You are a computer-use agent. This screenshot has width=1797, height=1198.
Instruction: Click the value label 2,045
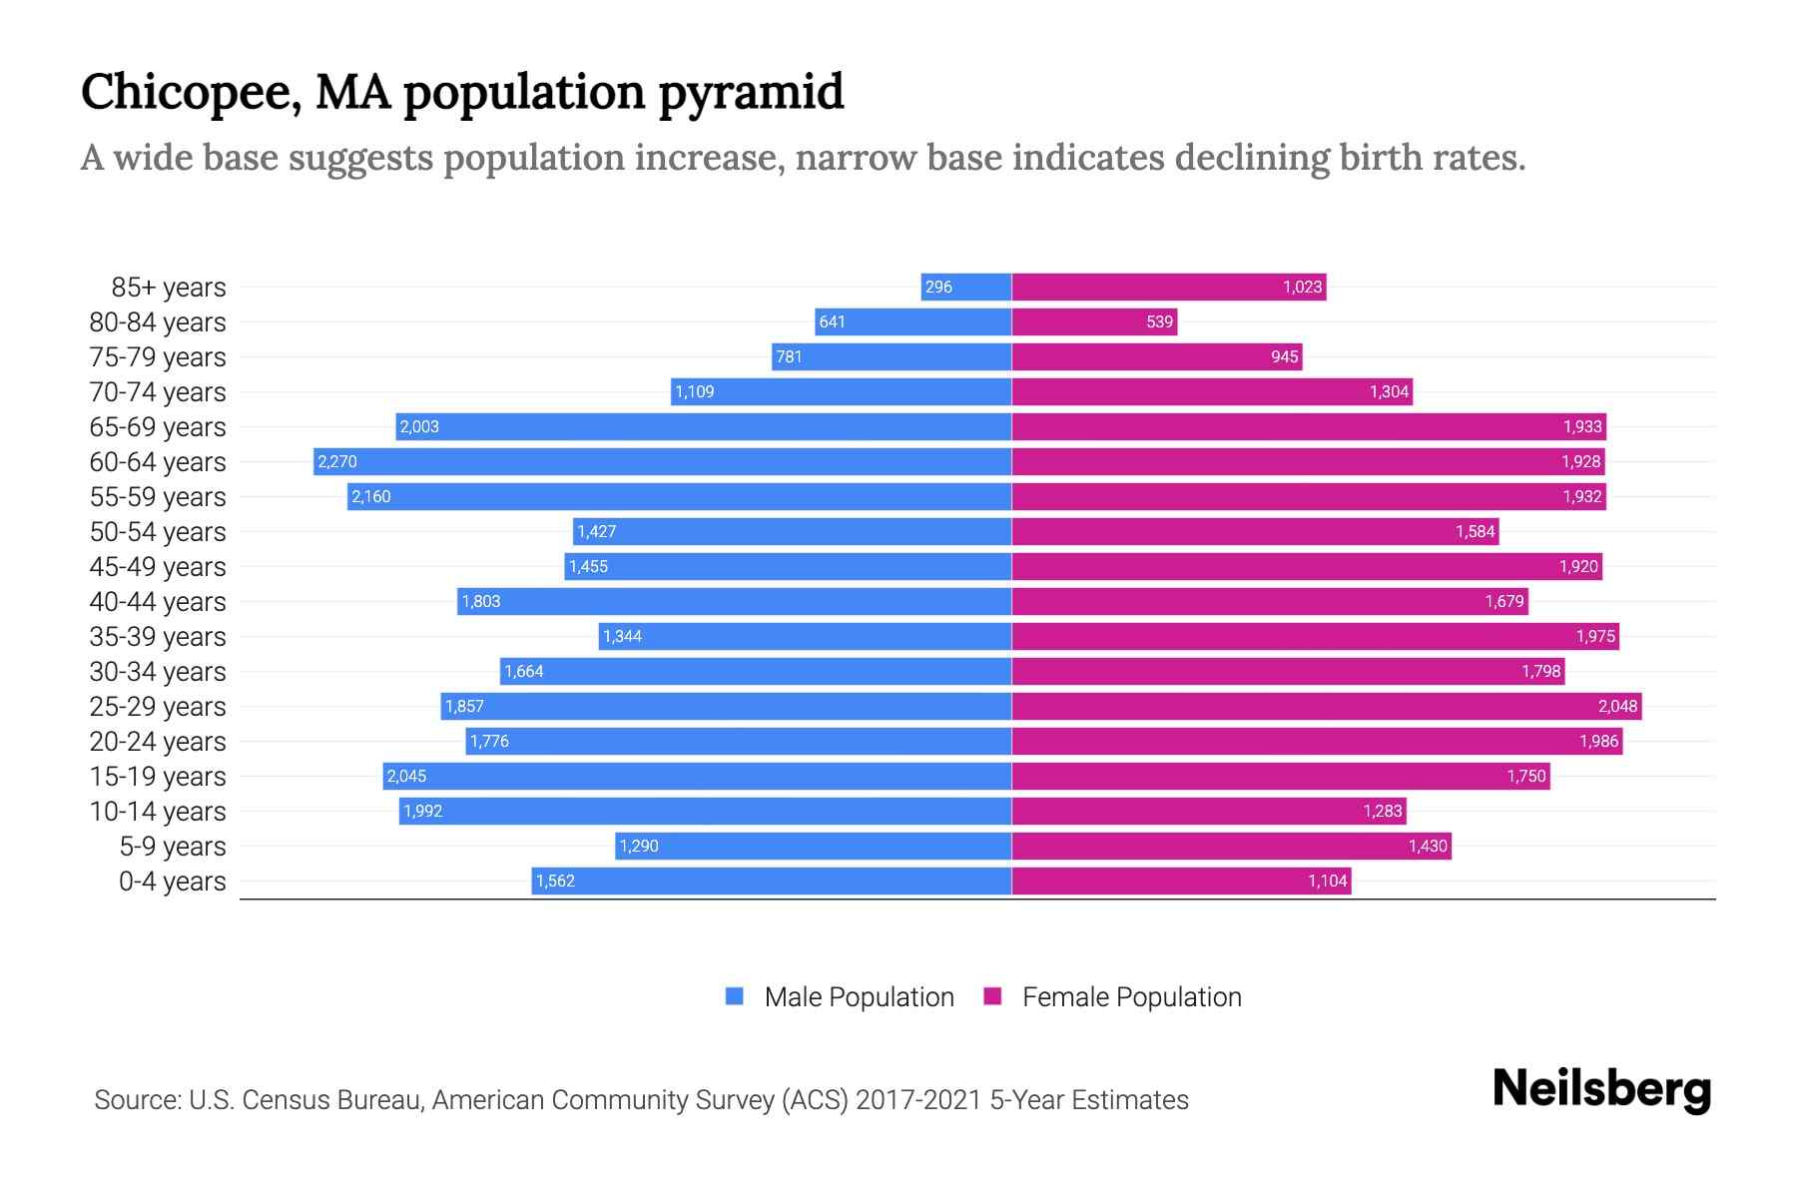(406, 776)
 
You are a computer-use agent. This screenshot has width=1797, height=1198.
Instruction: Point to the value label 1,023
(1302, 287)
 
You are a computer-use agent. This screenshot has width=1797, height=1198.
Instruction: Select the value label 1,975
(1594, 636)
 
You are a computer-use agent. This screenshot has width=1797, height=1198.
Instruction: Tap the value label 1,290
(639, 846)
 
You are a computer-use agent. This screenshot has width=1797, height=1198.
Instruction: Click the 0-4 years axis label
(172, 881)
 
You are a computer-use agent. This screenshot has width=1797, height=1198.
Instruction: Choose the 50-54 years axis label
(158, 531)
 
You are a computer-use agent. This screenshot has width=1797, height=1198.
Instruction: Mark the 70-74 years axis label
(158, 391)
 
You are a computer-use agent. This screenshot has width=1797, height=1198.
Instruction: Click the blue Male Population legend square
(735, 996)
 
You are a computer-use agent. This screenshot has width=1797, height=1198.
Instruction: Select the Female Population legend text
(1131, 996)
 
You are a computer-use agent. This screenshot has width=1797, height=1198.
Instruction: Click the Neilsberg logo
(1601, 1089)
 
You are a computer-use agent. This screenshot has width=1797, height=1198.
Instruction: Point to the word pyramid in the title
(751, 92)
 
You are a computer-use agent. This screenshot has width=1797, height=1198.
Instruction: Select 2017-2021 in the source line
(918, 1099)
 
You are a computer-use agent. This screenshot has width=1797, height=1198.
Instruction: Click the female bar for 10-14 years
(1208, 811)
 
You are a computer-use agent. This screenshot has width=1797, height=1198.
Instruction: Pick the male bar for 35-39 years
(805, 636)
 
